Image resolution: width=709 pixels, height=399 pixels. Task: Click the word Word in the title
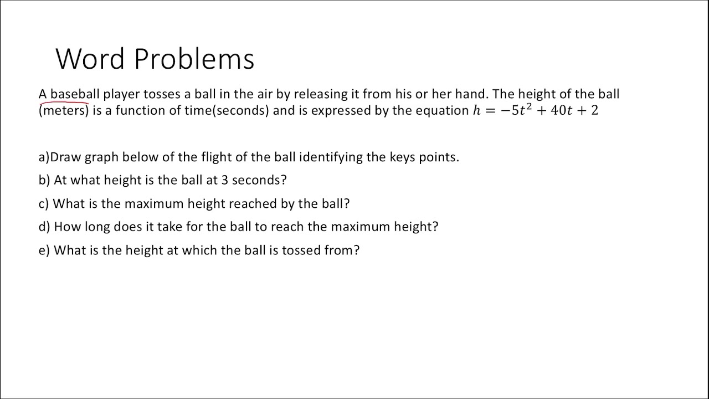point(90,58)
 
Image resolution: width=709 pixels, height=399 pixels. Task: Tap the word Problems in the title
point(194,59)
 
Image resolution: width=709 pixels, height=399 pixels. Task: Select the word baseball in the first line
point(75,94)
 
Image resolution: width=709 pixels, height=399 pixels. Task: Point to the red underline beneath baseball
point(69,102)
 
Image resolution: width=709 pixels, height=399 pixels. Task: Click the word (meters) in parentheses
point(64,110)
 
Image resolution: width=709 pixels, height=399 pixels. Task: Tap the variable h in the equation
point(477,110)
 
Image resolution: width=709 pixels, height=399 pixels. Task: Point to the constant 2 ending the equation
point(594,110)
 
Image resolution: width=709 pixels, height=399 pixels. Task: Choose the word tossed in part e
point(300,250)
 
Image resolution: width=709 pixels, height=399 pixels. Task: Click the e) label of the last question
point(44,250)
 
